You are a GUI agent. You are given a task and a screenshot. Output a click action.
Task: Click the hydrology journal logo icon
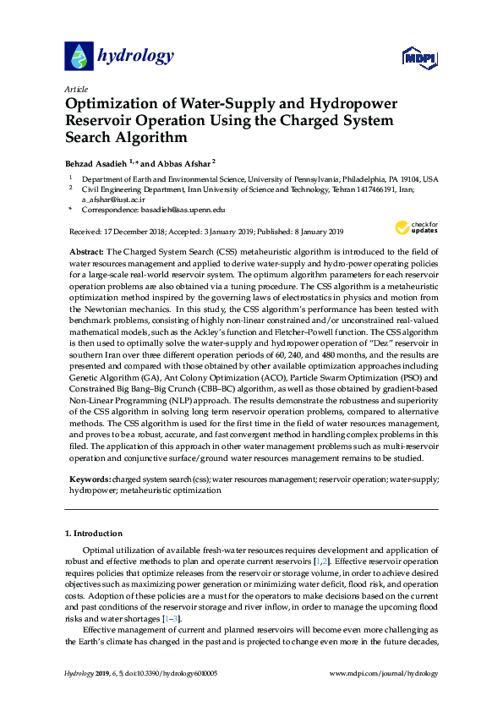click(x=79, y=56)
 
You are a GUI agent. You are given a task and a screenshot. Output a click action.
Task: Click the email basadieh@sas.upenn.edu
click(x=185, y=209)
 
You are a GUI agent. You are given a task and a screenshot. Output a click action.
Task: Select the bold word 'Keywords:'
click(x=90, y=479)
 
